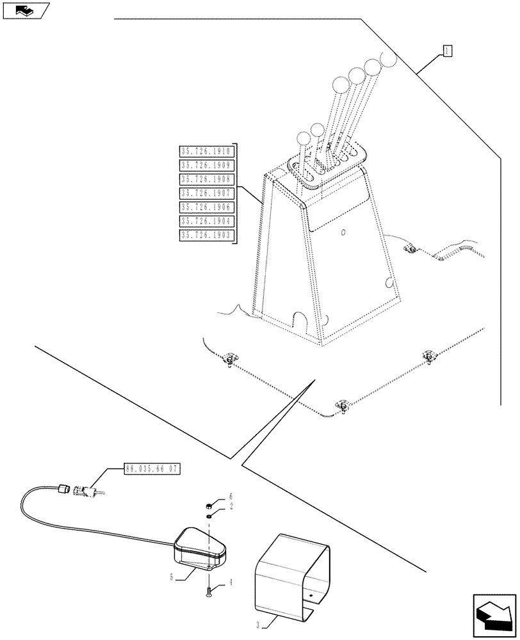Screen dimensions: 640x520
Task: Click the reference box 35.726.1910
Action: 207,152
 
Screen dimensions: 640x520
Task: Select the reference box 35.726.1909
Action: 207,166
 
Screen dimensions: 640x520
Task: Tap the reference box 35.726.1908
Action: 207,180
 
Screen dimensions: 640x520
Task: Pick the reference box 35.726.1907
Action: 207,193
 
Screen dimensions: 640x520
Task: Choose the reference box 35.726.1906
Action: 207,207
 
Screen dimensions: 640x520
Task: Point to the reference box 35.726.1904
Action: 207,221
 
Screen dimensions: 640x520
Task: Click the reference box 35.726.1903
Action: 207,236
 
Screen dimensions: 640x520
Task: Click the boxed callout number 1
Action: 448,51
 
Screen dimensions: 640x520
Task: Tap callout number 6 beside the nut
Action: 231,497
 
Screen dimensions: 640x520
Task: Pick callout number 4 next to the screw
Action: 231,582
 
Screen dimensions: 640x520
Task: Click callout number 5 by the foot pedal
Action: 172,576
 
